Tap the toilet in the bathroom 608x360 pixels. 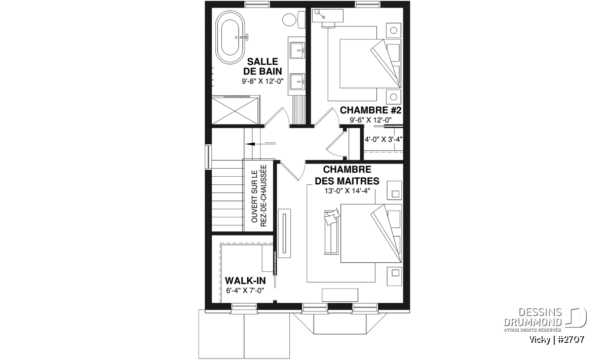point(294,19)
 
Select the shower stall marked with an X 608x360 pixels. point(236,110)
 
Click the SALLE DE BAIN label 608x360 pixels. point(262,66)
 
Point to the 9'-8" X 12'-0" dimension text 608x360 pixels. point(262,81)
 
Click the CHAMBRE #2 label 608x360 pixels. point(370,110)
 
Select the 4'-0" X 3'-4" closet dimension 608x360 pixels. point(383,139)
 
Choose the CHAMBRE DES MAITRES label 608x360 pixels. point(347,175)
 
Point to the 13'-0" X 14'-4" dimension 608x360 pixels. point(347,191)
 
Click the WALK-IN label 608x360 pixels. point(245,281)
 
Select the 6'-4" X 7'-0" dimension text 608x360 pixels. point(245,291)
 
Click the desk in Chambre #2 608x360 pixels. point(328,16)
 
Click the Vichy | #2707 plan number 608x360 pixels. point(557,340)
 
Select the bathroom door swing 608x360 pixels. point(276,116)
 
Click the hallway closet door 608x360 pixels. point(335,143)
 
